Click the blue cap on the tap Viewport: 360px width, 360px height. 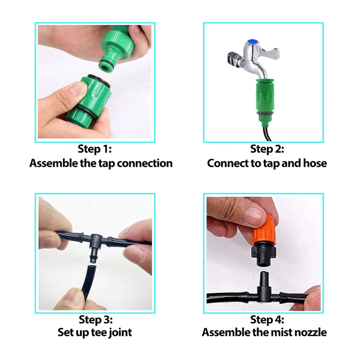pyautogui.click(x=253, y=41)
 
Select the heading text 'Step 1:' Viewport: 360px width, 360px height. pyautogui.click(x=95, y=149)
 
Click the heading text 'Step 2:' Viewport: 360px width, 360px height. pyautogui.click(x=267, y=149)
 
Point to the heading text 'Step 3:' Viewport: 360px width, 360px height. pyautogui.click(x=96, y=319)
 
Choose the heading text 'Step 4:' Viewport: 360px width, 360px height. pyautogui.click(x=267, y=319)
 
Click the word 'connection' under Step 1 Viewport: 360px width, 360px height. pyautogui.click(x=145, y=163)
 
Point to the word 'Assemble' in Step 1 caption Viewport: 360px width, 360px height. pyautogui.click(x=54, y=163)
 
